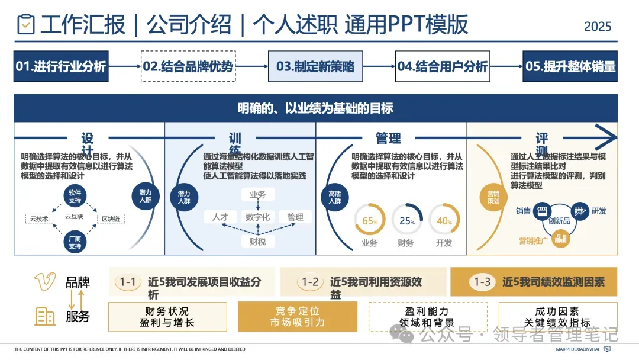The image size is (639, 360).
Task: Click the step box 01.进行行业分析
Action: (x=61, y=66)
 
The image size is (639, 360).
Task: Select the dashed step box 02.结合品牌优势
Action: (x=188, y=66)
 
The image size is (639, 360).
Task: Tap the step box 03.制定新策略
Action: (x=315, y=66)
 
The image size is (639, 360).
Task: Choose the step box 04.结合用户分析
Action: (x=443, y=66)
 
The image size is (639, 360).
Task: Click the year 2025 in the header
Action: (x=598, y=27)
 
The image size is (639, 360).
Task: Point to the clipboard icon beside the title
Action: (x=26, y=25)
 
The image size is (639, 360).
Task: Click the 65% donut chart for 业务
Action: (x=370, y=221)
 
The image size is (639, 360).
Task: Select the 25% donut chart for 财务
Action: (x=406, y=221)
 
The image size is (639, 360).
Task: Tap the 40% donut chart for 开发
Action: (x=444, y=221)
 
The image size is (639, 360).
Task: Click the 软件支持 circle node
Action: (x=75, y=196)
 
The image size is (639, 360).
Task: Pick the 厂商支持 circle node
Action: (x=75, y=242)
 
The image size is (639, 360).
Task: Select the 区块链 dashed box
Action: (x=111, y=219)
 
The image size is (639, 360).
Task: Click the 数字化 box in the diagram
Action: (x=257, y=217)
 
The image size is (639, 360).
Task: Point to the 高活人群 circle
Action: (x=335, y=197)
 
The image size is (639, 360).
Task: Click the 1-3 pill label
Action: (x=482, y=282)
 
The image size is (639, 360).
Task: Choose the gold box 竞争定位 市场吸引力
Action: (x=297, y=317)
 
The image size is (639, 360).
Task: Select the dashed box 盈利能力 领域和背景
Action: (x=427, y=317)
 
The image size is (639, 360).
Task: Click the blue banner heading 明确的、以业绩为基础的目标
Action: (x=315, y=108)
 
